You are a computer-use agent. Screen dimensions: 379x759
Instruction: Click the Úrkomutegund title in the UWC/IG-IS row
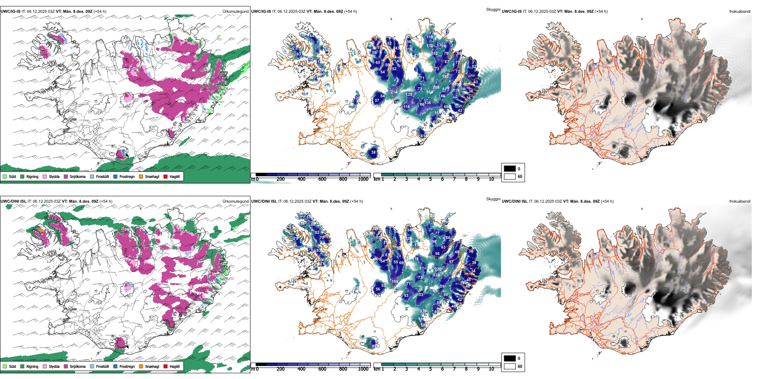pyautogui.click(x=235, y=12)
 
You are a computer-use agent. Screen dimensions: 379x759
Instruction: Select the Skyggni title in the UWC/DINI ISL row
pyautogui.click(x=493, y=199)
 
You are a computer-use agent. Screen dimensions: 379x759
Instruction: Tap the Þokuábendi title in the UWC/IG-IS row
pyautogui.click(x=740, y=12)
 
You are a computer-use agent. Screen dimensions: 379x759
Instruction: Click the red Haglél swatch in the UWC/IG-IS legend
pyautogui.click(x=165, y=176)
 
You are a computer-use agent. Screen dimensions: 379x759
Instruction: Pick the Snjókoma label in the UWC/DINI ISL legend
pyautogui.click(x=77, y=366)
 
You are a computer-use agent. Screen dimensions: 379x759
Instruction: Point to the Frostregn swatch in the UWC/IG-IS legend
pyautogui.click(x=115, y=176)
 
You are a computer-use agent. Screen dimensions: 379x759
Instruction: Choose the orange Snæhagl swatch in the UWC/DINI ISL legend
pyautogui.click(x=141, y=366)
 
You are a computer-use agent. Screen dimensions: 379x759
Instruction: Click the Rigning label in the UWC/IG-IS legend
pyautogui.click(x=32, y=176)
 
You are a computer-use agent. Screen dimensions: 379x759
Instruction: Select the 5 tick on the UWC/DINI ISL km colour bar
pyautogui.click(x=431, y=369)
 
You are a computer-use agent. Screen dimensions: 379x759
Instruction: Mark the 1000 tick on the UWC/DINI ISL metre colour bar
pyautogui.click(x=363, y=369)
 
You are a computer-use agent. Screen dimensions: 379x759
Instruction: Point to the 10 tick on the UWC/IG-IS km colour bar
pyautogui.click(x=491, y=179)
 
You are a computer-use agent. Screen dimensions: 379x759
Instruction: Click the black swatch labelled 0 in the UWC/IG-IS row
pyautogui.click(x=510, y=169)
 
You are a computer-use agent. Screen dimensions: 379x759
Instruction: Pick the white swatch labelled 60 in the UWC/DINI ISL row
pyautogui.click(x=510, y=366)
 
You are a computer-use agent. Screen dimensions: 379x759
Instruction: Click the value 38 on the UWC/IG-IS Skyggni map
pyautogui.click(x=374, y=152)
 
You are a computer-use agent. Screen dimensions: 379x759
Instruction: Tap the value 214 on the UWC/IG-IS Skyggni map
pyautogui.click(x=394, y=92)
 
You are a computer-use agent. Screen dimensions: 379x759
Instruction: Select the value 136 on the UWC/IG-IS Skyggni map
pyautogui.click(x=428, y=103)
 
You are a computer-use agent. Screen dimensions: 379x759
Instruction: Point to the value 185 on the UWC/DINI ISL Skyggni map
pyautogui.click(x=395, y=282)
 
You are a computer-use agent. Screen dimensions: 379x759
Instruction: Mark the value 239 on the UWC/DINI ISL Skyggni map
pyautogui.click(x=423, y=311)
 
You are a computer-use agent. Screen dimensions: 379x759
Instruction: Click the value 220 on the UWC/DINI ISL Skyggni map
pyautogui.click(x=438, y=269)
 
